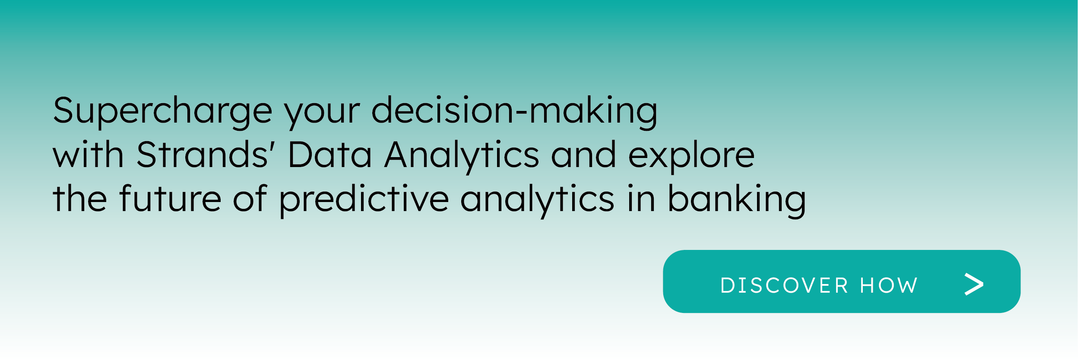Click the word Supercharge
(163, 112)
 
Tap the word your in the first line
(322, 115)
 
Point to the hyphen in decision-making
(522, 114)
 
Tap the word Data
(329, 154)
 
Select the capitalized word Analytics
(462, 157)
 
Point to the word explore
(691, 157)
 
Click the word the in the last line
(80, 198)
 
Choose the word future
(171, 198)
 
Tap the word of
(250, 198)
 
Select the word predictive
(364, 201)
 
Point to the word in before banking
(641, 198)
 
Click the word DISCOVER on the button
(784, 285)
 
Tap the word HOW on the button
(889, 285)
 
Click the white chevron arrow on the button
(974, 284)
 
